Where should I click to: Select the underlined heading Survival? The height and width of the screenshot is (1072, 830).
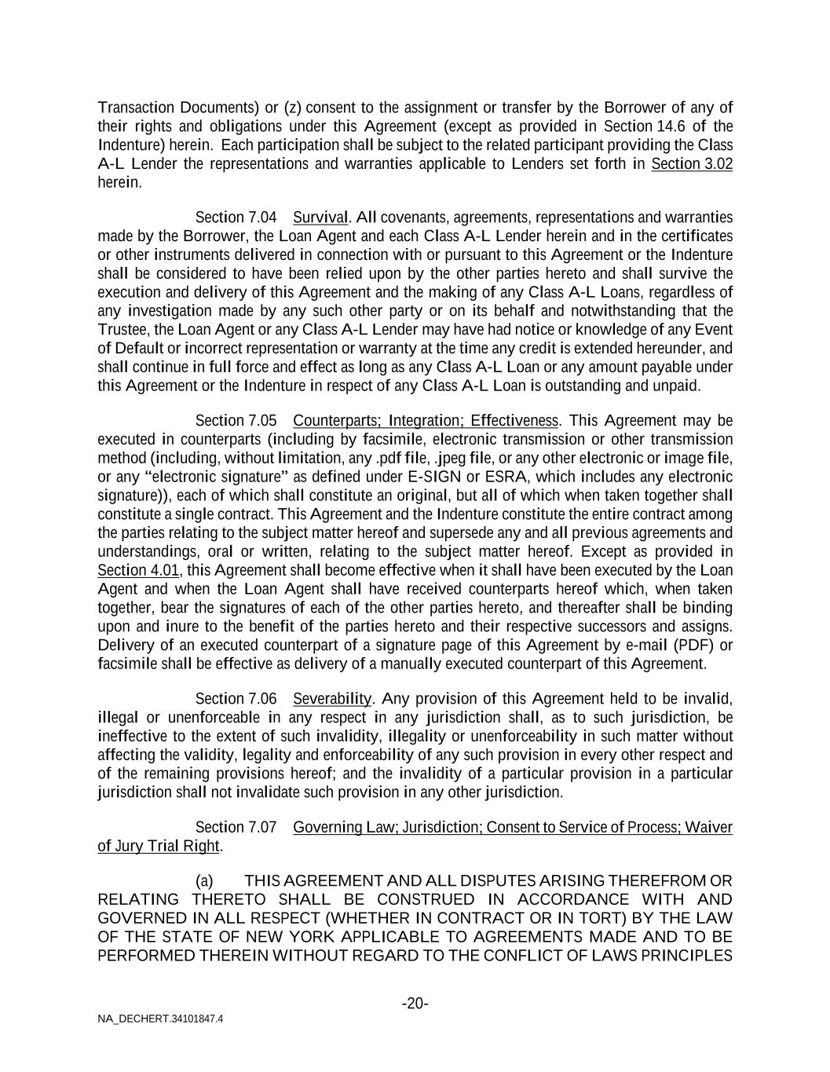[x=320, y=218]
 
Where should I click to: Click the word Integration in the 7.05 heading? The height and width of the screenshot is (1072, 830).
[x=425, y=421]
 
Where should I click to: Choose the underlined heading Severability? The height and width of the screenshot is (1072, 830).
[x=331, y=699]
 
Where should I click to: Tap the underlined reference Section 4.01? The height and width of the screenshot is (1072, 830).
[x=138, y=571]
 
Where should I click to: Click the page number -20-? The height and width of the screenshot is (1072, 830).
[x=415, y=1004]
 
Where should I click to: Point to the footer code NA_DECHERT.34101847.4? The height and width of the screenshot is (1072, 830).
[x=160, y=1019]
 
